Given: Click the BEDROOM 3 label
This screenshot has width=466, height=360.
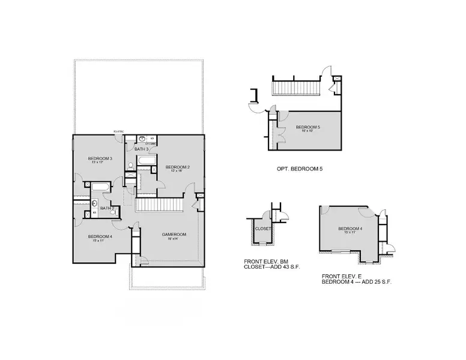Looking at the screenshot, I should pos(101,157).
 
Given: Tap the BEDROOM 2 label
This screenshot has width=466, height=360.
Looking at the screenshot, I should pos(178,166).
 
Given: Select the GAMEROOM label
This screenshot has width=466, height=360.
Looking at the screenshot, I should pos(174,234).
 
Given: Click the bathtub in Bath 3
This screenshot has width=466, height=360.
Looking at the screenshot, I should pos(147,162).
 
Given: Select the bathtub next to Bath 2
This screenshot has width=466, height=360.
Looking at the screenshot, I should pos(100,188).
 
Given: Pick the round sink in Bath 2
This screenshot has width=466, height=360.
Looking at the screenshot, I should pos(95,203).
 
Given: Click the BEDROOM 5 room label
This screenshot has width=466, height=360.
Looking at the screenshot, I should pos(308,127).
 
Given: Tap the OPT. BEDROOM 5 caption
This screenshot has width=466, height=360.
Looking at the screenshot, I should pos(300,170).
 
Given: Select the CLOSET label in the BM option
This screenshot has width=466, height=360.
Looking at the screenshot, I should pos(263,229).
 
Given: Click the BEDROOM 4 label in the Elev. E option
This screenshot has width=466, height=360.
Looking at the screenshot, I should pos(350,228).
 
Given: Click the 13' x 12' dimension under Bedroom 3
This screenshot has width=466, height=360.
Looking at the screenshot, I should pos(101,163).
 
